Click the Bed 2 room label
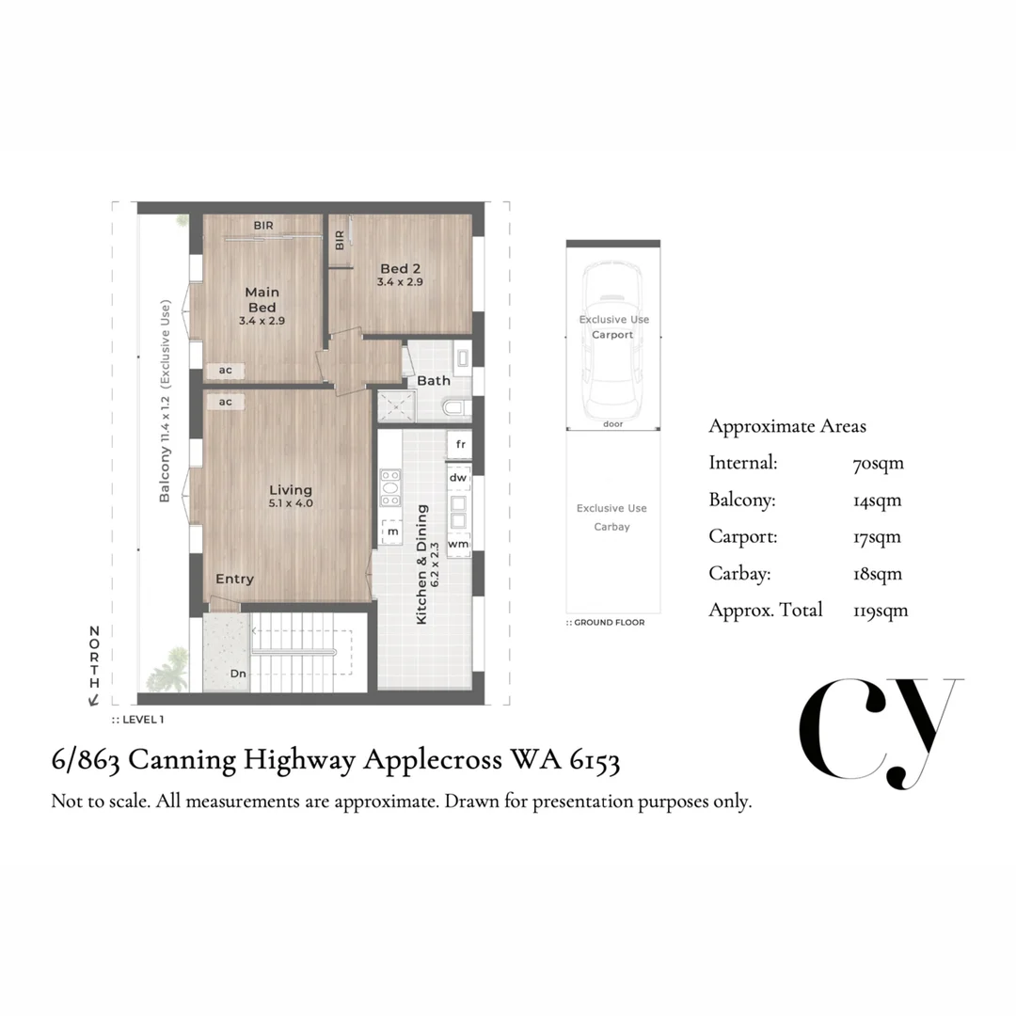pyautogui.click(x=400, y=268)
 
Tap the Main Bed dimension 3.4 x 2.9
pyautogui.click(x=262, y=321)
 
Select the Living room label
pyautogui.click(x=291, y=490)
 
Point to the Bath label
pyautogui.click(x=434, y=380)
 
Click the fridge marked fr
pyautogui.click(x=459, y=444)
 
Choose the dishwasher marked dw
pyautogui.click(x=458, y=478)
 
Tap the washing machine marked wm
pyautogui.click(x=458, y=545)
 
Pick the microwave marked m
pyautogui.click(x=391, y=532)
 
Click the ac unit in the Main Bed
pyautogui.click(x=225, y=371)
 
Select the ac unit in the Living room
pyautogui.click(x=225, y=402)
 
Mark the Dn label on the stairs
pyautogui.click(x=238, y=674)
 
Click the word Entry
pyautogui.click(x=234, y=579)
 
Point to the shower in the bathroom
pyautogui.click(x=397, y=406)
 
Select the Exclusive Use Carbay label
pyautogui.click(x=611, y=517)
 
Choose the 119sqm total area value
pyautogui.click(x=881, y=611)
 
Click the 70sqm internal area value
pyautogui.click(x=878, y=464)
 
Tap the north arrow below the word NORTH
pyautogui.click(x=94, y=699)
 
